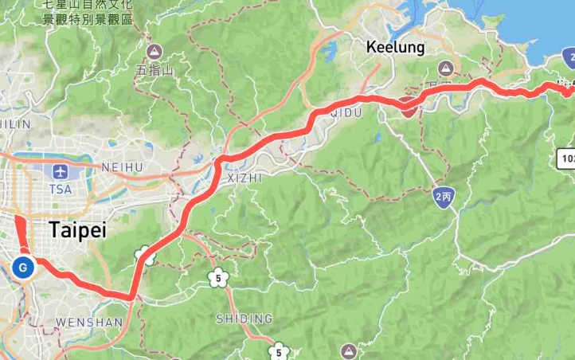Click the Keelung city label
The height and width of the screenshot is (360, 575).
click(396, 48)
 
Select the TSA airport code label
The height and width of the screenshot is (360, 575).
click(61, 189)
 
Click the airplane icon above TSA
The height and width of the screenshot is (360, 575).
click(61, 171)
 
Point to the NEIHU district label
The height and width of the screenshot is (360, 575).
click(122, 167)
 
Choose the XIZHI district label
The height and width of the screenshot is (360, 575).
click(244, 178)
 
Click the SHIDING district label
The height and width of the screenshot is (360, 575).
click(244, 319)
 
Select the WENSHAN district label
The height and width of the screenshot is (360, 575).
click(89, 323)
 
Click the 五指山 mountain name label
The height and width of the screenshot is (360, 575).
click(152, 70)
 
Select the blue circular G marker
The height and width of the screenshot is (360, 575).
click(23, 268)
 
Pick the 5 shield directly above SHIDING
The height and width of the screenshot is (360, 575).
click(217, 278)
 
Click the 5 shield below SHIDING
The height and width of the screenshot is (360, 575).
click(278, 350)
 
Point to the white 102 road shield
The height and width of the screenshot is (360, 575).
click(567, 158)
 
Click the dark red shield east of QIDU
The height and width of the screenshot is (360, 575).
click(409, 109)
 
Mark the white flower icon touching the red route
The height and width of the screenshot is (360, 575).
click(144, 256)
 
